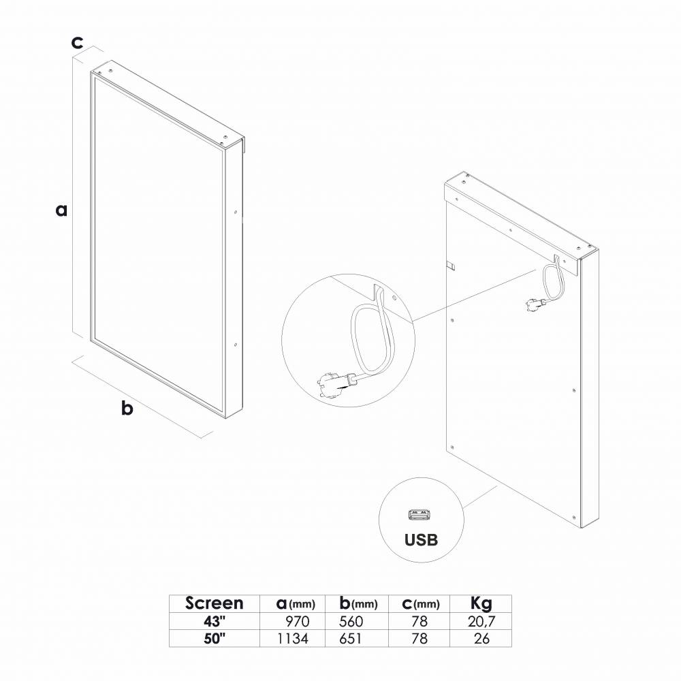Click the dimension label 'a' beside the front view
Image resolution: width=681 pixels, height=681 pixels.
point(62,210)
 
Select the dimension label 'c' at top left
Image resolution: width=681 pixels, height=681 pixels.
point(77,42)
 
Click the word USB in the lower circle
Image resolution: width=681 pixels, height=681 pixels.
point(421,540)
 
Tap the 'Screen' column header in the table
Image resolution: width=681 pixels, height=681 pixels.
point(214,603)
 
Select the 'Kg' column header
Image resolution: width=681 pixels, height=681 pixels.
point(481,604)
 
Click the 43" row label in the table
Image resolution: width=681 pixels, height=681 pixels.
point(215,622)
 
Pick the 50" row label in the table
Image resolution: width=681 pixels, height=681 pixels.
point(215,639)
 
